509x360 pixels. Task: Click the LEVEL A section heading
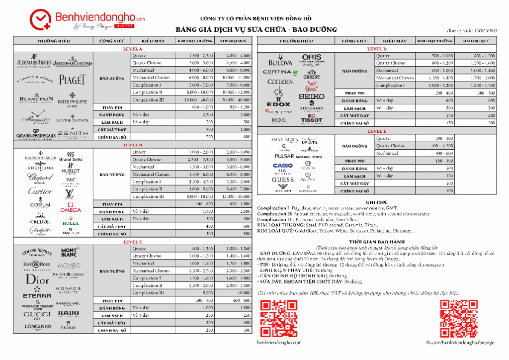[x=133, y=49]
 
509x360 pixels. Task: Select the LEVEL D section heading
[x=376, y=49]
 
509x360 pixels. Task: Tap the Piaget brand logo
[x=73, y=80]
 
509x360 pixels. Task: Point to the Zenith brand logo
[x=73, y=133]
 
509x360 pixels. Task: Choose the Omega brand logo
[x=71, y=208]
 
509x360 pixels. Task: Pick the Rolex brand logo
[x=71, y=223]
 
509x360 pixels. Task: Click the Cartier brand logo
[x=40, y=191]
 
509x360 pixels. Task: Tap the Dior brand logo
[x=38, y=279]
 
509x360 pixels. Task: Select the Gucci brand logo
[x=37, y=314]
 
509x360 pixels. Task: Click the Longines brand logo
[x=38, y=327]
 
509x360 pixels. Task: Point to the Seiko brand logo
[x=312, y=96]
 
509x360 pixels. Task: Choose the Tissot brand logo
[x=312, y=120]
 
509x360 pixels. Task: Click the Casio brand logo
[x=283, y=166]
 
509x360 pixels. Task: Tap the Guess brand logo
[x=283, y=180]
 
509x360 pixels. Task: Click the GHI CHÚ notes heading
[x=376, y=202]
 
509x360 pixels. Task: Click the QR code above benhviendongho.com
[x=272, y=319]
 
